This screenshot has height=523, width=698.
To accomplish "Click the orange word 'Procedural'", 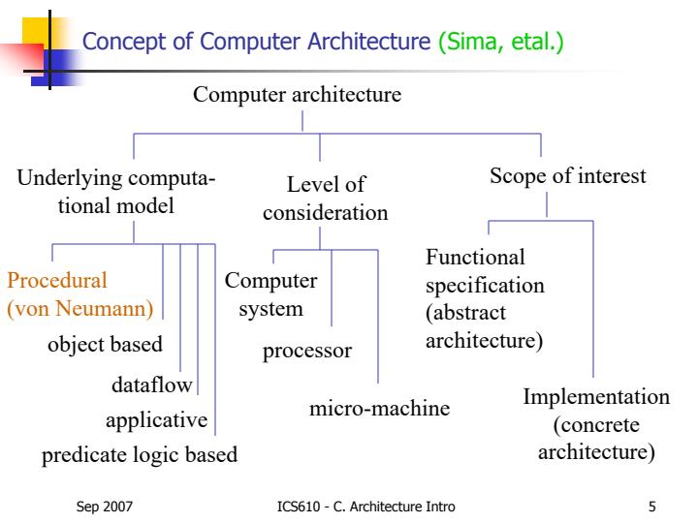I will click(57, 283).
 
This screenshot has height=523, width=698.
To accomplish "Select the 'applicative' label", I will click(156, 420).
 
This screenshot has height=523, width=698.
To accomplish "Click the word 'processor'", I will click(307, 350).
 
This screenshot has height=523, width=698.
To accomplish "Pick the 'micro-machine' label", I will click(379, 408).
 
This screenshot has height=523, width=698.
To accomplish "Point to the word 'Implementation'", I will click(596, 397).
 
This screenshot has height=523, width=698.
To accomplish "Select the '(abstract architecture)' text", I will click(484, 327).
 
